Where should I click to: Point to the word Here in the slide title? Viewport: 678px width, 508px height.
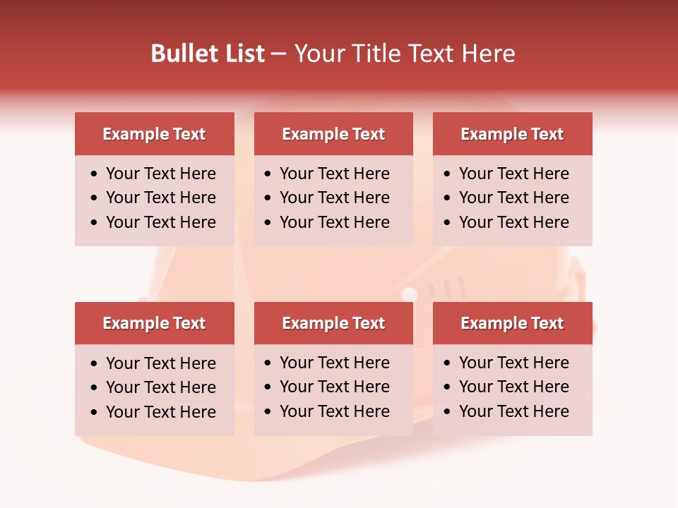pos(488,54)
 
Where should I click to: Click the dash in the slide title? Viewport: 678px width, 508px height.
pos(278,54)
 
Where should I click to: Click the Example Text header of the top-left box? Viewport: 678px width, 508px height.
pos(154,134)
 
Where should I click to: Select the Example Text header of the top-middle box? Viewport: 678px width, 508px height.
pos(333,134)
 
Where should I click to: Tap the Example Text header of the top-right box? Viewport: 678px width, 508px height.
pos(512,134)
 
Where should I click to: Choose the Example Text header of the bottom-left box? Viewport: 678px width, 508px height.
pos(154,323)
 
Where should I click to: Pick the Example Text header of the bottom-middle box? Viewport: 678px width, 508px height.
pos(333,323)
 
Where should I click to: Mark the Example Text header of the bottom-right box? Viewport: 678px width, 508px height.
pos(512,323)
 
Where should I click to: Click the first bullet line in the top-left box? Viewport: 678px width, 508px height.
pos(161,174)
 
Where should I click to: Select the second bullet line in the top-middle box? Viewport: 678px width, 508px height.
pos(335,198)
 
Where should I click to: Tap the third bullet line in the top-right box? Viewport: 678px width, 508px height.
pos(514,222)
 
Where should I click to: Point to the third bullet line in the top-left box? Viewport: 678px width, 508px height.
pos(161,222)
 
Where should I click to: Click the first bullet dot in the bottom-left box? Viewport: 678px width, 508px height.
pos(95,364)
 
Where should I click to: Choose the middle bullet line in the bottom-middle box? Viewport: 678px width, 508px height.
pos(335,387)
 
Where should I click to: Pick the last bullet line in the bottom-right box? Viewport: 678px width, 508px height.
pos(514,411)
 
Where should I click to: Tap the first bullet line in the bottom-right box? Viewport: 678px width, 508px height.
pos(514,363)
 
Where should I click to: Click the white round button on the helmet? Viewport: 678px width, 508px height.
pos(410,294)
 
